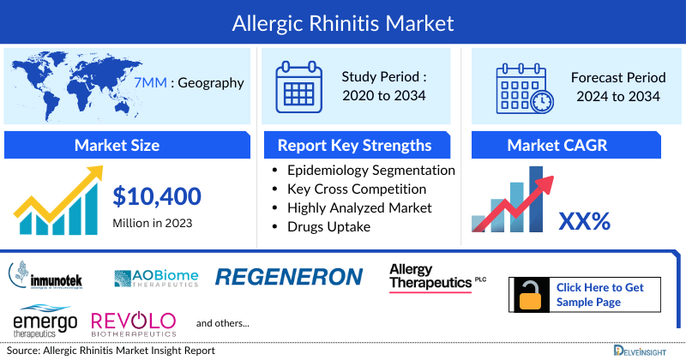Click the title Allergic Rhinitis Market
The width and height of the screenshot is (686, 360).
[343, 21]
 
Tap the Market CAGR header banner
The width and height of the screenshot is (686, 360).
[569, 144]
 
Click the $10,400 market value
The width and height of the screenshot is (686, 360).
[157, 196]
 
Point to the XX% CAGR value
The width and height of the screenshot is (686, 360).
[584, 221]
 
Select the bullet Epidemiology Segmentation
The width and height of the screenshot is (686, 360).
[370, 170]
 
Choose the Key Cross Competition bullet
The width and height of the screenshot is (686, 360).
[357, 189]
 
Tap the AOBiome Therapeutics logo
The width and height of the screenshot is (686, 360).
[156, 277]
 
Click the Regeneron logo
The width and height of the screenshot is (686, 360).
[289, 276]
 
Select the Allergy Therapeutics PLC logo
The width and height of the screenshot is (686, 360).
[436, 278]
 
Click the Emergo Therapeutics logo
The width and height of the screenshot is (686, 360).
[45, 322]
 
